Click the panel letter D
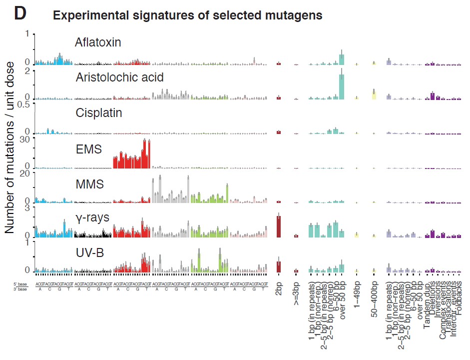click(x=19, y=13)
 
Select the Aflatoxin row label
click(x=98, y=42)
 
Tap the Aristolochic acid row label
click(x=119, y=77)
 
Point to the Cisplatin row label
click(x=99, y=113)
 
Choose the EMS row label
click(x=90, y=149)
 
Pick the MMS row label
click(x=90, y=184)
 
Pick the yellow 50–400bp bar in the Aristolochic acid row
click(x=374, y=94)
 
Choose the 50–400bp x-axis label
click(x=374, y=301)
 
